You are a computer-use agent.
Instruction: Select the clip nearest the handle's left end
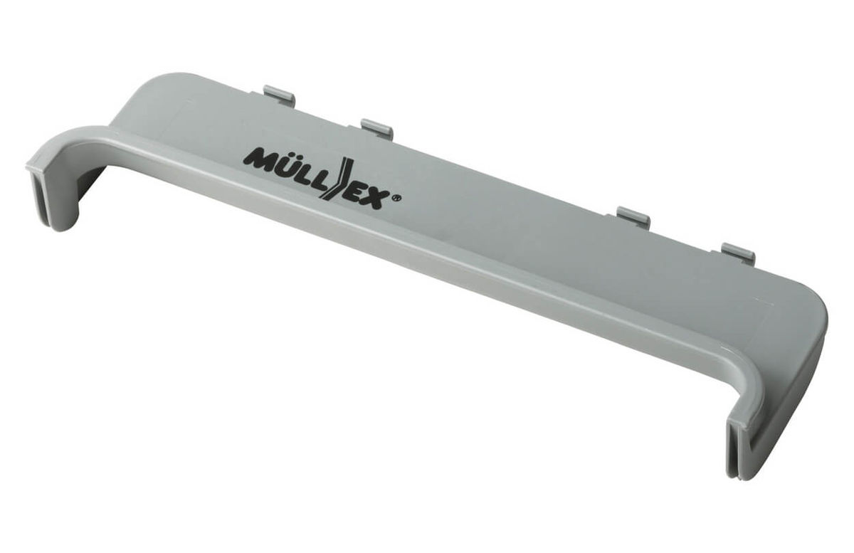pyautogui.click(x=279, y=93)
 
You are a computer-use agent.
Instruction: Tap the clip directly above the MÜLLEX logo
pyautogui.click(x=376, y=127)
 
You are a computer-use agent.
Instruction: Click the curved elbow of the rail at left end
pyautogui.click(x=68, y=142)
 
